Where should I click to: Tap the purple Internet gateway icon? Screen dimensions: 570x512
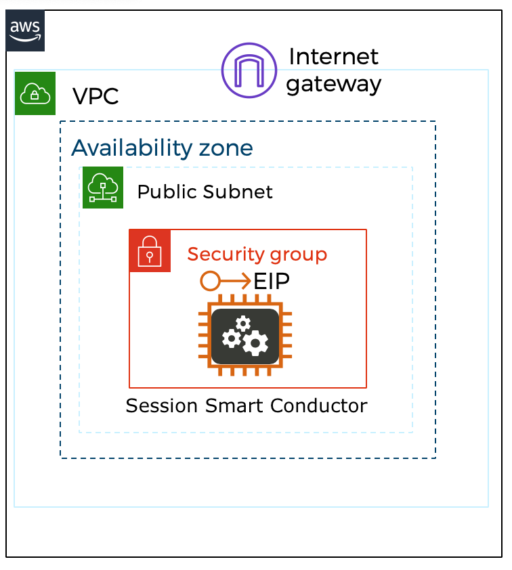(249, 70)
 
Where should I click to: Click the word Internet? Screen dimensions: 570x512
(334, 57)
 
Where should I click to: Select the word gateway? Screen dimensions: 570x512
(333, 85)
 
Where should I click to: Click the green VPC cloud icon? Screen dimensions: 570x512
(35, 93)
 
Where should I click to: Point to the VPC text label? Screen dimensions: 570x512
(95, 96)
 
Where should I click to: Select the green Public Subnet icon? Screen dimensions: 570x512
(103, 187)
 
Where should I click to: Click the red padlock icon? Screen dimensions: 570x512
(150, 251)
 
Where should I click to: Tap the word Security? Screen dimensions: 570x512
(225, 255)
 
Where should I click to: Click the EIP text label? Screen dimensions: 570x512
(272, 280)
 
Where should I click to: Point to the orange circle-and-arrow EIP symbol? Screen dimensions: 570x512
(225, 280)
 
